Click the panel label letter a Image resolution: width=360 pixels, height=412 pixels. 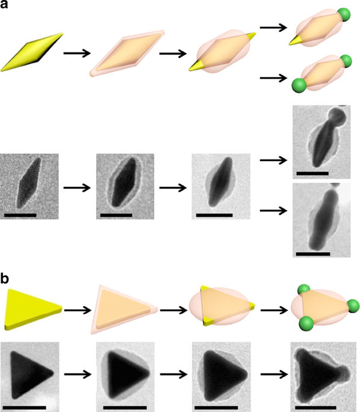(4, 4)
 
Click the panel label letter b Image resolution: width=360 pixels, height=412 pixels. (4, 278)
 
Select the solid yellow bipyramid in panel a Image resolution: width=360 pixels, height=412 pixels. (32, 52)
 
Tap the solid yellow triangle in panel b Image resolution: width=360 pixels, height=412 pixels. (33, 309)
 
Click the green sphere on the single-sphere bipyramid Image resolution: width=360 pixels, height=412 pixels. (344, 14)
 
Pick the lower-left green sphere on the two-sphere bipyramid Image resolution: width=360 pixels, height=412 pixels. (299, 85)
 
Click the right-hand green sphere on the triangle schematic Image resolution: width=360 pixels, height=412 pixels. (353, 306)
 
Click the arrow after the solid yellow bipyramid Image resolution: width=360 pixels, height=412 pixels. (77, 54)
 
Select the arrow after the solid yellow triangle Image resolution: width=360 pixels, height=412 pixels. (78, 310)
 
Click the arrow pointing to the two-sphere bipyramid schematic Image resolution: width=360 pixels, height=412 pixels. (273, 78)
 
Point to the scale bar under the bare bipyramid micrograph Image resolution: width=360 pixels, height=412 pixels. (20, 215)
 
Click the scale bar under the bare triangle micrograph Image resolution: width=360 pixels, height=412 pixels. (25, 408)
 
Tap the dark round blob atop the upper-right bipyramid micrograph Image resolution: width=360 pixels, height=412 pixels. (338, 117)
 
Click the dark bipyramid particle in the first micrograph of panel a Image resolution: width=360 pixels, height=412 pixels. (29, 183)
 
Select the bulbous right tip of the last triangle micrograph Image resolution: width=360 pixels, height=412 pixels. (344, 372)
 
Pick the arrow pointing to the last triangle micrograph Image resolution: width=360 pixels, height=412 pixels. (275, 374)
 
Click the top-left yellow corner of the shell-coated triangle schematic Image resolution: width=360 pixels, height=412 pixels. (203, 289)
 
